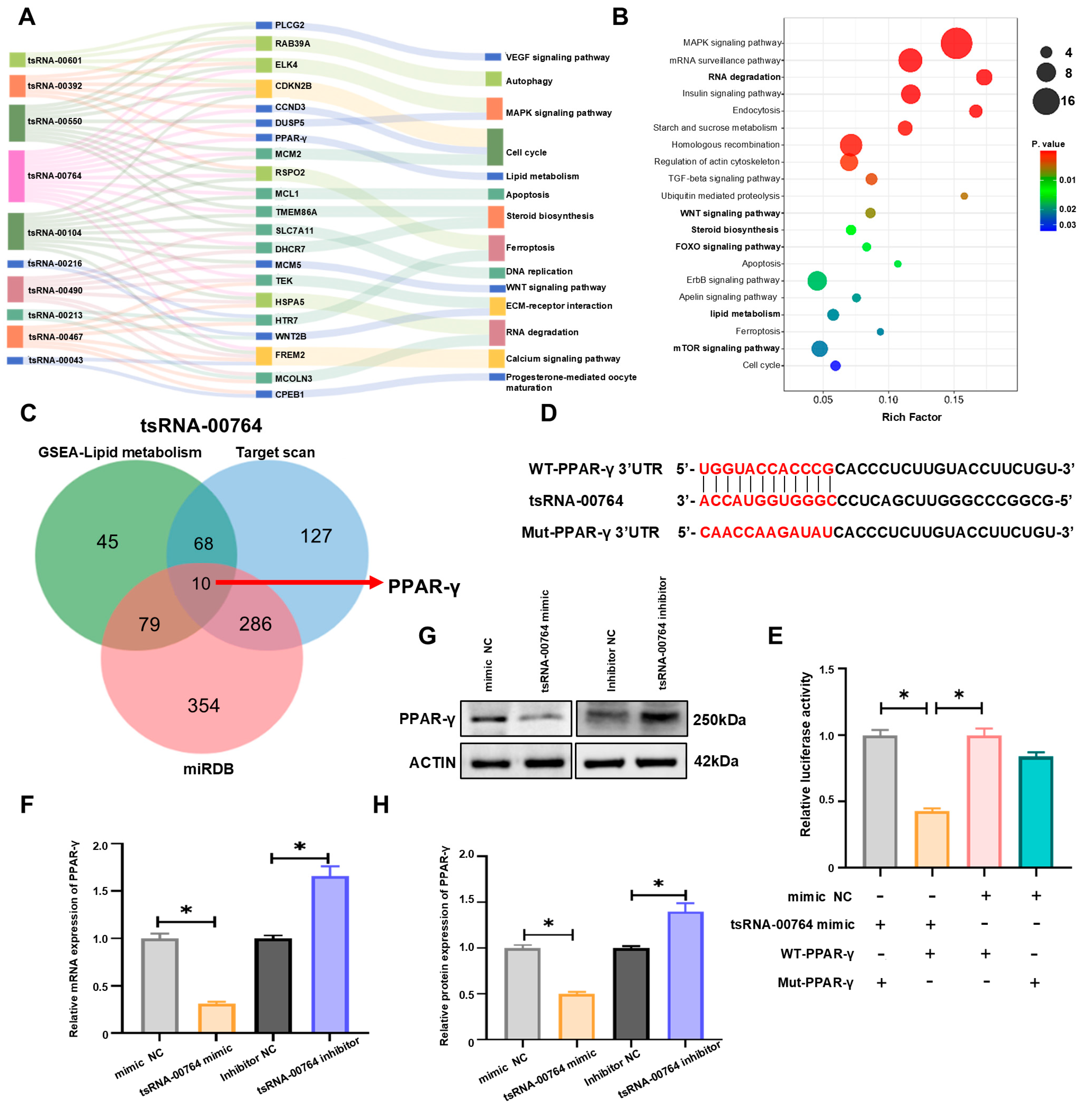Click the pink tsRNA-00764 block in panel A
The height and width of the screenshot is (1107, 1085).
[17, 176]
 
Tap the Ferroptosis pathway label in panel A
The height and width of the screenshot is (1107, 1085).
[530, 247]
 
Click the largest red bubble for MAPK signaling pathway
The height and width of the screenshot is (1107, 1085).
[956, 43]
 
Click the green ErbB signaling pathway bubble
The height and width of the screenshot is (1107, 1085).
[817, 281]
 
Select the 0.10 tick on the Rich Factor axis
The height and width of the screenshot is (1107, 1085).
[888, 400]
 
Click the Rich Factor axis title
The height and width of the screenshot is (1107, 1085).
[911, 417]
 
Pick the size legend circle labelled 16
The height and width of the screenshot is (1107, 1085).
[1046, 102]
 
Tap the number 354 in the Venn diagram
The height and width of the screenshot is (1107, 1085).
[203, 705]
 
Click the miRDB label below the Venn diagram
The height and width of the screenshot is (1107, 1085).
[208, 769]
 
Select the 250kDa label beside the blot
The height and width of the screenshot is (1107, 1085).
[719, 719]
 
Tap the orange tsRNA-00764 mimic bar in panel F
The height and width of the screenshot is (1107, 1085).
[216, 1018]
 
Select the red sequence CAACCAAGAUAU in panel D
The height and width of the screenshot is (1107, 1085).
[766, 533]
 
